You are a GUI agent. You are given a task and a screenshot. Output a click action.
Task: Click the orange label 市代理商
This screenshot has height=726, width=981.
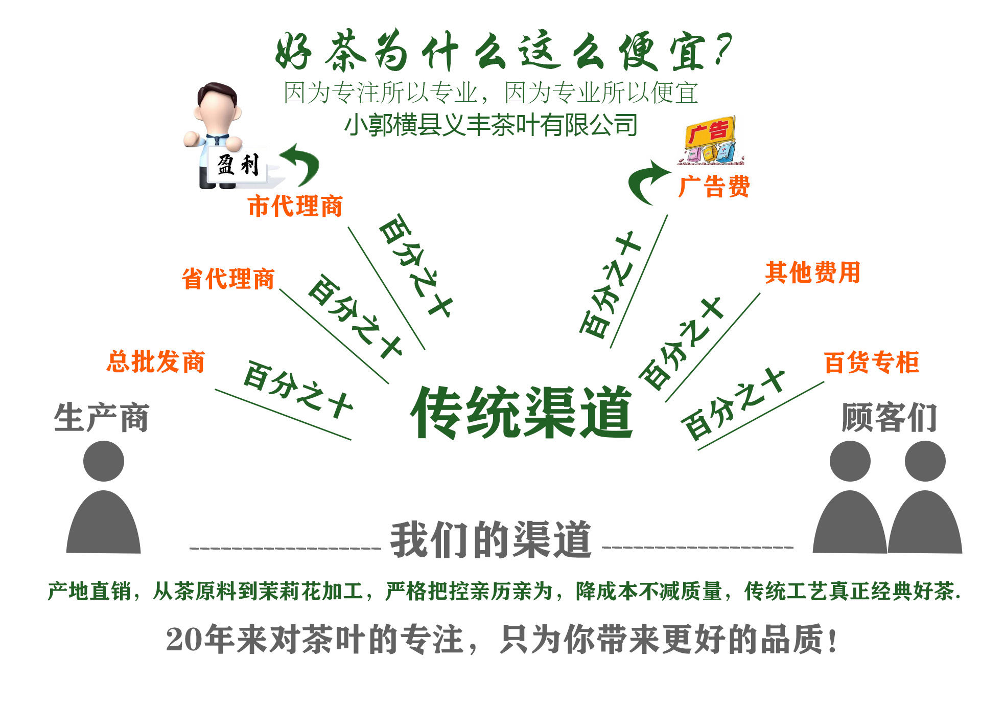click(295, 206)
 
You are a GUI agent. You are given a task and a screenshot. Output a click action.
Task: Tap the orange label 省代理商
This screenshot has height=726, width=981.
click(228, 279)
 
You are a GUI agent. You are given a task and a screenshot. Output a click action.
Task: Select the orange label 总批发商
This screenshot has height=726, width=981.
click(156, 362)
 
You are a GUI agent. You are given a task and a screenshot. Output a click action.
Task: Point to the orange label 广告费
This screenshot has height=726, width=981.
click(714, 186)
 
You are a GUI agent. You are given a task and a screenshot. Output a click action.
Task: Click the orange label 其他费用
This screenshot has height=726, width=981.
click(812, 273)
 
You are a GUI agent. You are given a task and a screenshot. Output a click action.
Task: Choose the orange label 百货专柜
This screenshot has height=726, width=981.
click(872, 363)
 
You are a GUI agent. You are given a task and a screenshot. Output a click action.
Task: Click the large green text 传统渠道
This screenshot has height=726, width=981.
click(522, 413)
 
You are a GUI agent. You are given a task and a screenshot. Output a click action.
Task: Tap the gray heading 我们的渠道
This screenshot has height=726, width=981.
click(491, 540)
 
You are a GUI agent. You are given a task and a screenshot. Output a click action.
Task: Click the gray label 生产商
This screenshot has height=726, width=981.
click(101, 418)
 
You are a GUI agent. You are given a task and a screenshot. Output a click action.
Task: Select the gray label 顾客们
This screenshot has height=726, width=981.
click(889, 418)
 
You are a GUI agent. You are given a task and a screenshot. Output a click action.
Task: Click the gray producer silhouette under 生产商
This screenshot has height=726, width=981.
click(104, 501)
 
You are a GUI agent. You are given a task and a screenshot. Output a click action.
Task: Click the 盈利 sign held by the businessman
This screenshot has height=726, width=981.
click(238, 165)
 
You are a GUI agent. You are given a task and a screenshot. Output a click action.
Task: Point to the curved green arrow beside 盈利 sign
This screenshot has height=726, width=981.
click(301, 163)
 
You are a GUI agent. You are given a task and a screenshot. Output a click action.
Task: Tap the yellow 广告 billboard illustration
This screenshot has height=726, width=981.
click(710, 140)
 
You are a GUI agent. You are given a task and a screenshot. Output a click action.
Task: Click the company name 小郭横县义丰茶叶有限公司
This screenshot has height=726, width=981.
click(491, 125)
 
